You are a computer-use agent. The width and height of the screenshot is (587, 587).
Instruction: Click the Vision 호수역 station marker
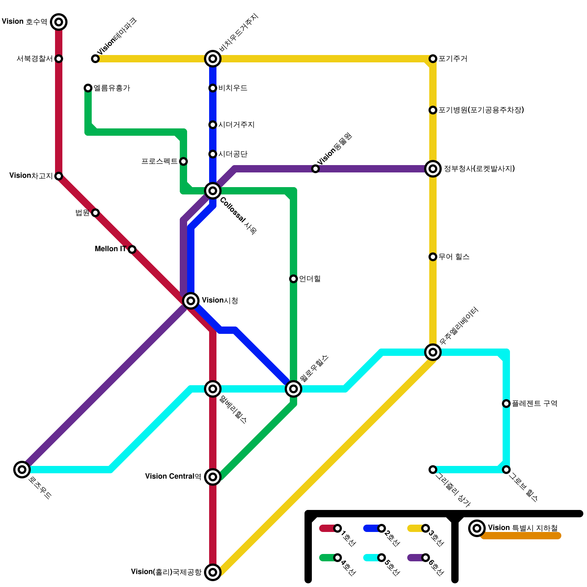59,22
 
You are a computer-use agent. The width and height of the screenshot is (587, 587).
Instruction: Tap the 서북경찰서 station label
34,59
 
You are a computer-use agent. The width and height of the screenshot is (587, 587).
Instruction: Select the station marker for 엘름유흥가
88,88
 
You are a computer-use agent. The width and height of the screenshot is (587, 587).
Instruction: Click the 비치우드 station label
233,88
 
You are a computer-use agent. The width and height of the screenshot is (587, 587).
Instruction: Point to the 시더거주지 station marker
213,125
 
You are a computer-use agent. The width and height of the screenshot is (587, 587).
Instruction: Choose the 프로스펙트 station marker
183,161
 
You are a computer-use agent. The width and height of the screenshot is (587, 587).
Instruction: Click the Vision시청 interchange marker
191,301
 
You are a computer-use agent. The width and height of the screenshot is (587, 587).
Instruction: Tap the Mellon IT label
110,249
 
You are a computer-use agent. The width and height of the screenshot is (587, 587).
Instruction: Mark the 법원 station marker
95,213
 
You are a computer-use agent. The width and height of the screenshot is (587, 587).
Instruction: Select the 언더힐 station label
310,279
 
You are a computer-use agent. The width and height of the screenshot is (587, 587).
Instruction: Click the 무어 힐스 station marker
433,257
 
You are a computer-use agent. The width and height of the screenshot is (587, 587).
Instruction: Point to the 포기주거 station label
453,59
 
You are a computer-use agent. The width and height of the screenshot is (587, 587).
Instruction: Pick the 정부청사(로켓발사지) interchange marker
433,169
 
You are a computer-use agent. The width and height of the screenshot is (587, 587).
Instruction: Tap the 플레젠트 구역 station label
535,404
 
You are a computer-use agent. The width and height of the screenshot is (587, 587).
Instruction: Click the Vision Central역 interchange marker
213,477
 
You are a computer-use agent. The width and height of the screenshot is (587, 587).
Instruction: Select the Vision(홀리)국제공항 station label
166,572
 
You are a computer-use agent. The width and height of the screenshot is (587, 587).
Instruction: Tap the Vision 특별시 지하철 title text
522,528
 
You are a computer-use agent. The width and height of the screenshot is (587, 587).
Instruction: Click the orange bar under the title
521,536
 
